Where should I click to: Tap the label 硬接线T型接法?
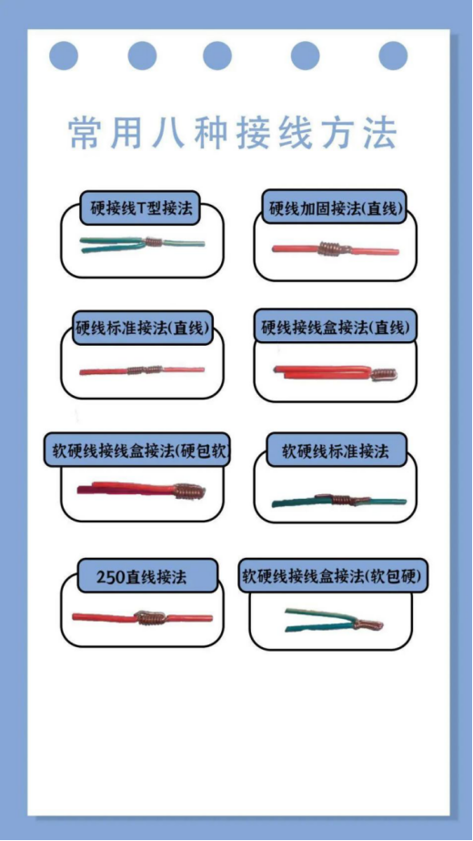(142, 208)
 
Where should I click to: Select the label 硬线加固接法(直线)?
(335, 208)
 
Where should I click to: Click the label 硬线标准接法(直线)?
(142, 328)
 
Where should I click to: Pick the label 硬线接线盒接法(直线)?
(335, 327)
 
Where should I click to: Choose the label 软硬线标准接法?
(336, 451)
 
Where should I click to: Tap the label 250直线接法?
(142, 576)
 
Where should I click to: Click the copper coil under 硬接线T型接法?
(154, 242)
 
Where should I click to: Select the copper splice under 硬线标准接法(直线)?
(145, 370)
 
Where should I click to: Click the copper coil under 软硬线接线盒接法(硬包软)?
(189, 491)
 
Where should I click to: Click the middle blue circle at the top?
(217, 56)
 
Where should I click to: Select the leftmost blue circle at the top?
(64, 56)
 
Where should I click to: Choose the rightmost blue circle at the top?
(393, 56)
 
